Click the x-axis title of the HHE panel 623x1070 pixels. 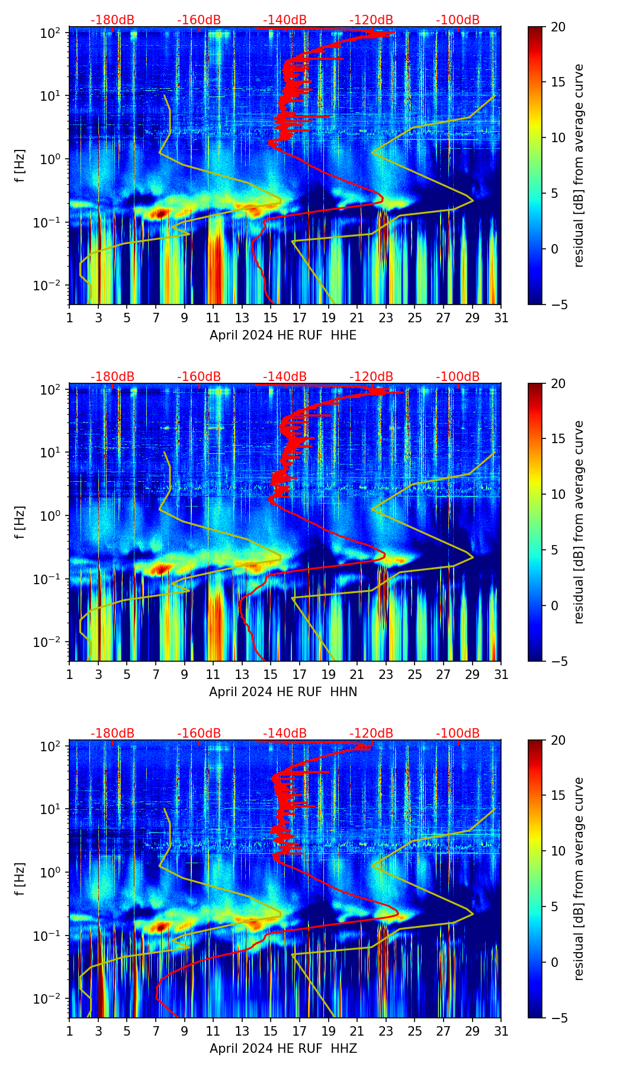(x=283, y=335)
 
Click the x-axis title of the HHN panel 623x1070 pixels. (x=283, y=692)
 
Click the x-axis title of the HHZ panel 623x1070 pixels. (x=283, y=1049)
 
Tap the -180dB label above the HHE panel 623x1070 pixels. (x=113, y=20)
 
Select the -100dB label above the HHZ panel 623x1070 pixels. (x=458, y=733)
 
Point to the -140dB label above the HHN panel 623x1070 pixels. (x=285, y=377)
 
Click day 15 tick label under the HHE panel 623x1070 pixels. (x=271, y=318)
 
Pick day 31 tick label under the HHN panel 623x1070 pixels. (x=501, y=674)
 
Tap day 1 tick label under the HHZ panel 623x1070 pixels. (x=69, y=1031)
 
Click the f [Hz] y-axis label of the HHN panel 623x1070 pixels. (x=20, y=522)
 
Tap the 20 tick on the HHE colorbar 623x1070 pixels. (x=558, y=27)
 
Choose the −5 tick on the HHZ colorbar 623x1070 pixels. (x=558, y=1018)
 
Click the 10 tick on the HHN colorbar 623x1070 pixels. (x=558, y=494)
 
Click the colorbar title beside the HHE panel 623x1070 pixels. (x=579, y=165)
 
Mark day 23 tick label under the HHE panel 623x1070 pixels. (x=386, y=318)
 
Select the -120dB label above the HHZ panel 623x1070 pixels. (x=371, y=733)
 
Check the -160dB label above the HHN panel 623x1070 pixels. (x=199, y=377)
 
